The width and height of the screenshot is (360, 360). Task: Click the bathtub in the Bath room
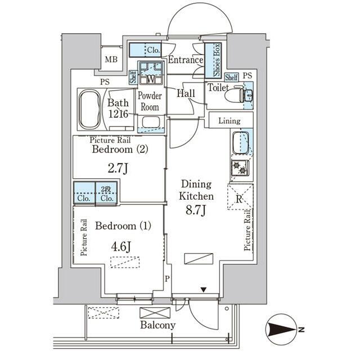click(x=89, y=109)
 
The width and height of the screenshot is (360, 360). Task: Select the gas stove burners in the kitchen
click(x=239, y=168)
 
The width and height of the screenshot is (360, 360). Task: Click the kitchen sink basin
click(x=241, y=142)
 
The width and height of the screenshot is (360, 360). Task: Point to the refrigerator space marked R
click(x=240, y=197)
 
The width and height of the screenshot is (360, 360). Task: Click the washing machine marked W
click(x=151, y=73)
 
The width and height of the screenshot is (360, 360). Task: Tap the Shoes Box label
click(x=217, y=60)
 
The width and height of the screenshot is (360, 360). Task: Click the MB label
click(x=111, y=60)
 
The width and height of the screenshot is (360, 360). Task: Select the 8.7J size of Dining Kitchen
click(x=196, y=210)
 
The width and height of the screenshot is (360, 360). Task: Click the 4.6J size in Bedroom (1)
click(x=121, y=247)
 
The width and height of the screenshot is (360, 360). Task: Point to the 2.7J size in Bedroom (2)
click(x=118, y=169)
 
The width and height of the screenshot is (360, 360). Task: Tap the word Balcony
click(x=158, y=325)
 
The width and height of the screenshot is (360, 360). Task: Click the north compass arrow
click(x=281, y=330)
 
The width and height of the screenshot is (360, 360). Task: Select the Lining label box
click(x=231, y=120)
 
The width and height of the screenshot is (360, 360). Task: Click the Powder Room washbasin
click(x=151, y=122)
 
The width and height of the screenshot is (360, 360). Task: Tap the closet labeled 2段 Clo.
click(x=107, y=193)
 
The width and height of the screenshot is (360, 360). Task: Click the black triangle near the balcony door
click(x=204, y=290)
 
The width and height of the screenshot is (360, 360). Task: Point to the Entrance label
click(x=186, y=60)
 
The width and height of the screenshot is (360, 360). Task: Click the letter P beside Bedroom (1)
click(x=167, y=279)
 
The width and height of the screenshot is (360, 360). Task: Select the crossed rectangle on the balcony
click(x=155, y=313)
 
